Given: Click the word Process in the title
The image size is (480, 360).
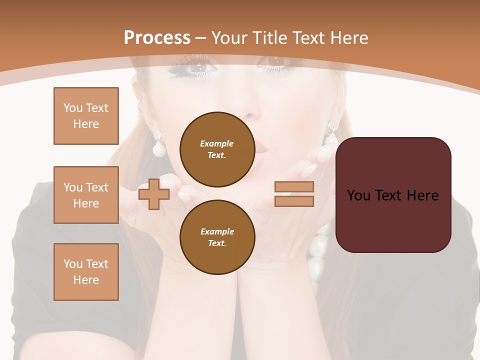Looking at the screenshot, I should click(x=157, y=37).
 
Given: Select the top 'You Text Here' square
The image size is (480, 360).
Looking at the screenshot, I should click(x=86, y=116).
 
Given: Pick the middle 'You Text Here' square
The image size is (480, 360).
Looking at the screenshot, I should click(x=86, y=195).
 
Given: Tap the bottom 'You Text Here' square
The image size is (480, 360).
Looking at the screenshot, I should click(x=86, y=272).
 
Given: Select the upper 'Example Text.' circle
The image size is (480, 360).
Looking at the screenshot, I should click(x=217, y=149).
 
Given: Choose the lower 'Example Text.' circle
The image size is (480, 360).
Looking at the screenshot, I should click(x=217, y=237).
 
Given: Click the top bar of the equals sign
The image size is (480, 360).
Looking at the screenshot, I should click(x=294, y=187).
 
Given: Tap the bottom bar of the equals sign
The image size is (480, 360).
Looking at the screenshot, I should click(x=294, y=201).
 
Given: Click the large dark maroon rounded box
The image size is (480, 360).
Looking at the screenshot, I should click(x=393, y=194).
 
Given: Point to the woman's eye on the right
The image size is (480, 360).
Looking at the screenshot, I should click(x=276, y=61).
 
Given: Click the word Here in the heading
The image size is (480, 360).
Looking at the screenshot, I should click(x=349, y=37).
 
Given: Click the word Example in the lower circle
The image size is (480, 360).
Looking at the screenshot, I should click(x=217, y=231).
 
